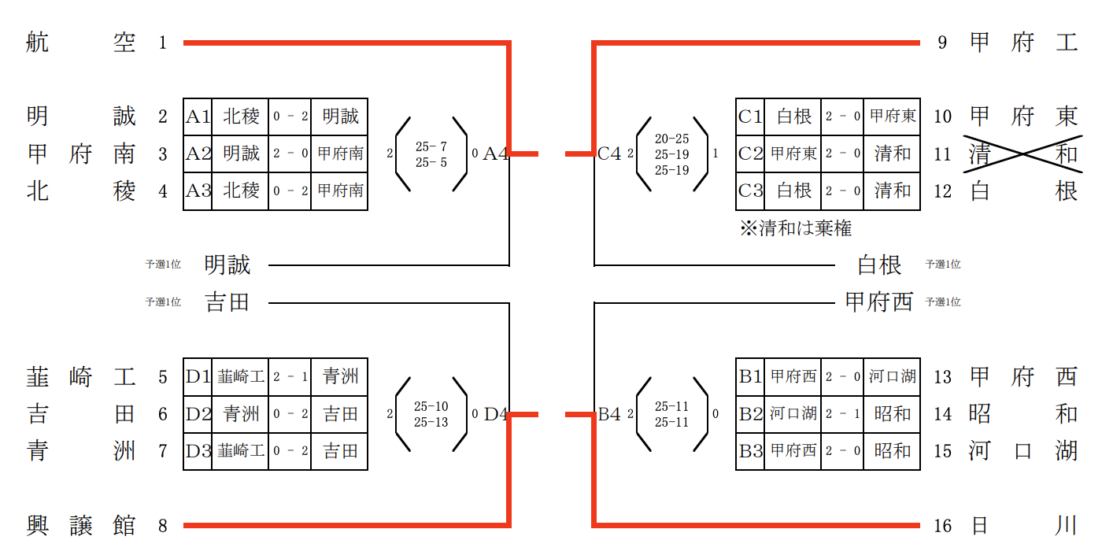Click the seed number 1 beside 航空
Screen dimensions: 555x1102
coord(163,43)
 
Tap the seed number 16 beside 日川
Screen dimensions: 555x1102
coord(943,525)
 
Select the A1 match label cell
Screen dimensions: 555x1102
coord(198,117)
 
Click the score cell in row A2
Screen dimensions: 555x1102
coord(290,154)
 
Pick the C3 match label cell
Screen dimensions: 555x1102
coord(750,191)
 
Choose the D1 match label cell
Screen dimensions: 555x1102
coord(198,376)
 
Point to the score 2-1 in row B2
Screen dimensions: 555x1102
coord(842,413)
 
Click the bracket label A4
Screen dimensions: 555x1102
coord(495,154)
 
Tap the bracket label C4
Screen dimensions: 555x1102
coord(609,154)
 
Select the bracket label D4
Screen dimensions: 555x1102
coord(495,413)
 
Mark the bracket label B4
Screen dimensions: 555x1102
coord(609,413)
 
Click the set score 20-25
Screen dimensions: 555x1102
coord(671,139)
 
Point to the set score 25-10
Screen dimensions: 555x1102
coord(431,406)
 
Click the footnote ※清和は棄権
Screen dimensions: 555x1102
coord(796,228)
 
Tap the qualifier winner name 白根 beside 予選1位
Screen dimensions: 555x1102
coord(879,265)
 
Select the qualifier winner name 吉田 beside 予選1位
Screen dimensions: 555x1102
coord(227,302)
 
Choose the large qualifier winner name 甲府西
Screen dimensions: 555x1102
coord(878,302)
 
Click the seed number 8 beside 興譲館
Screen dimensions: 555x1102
coord(163,525)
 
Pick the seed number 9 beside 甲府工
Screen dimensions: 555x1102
coord(942,43)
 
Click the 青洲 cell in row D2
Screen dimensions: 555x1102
coord(240,413)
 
